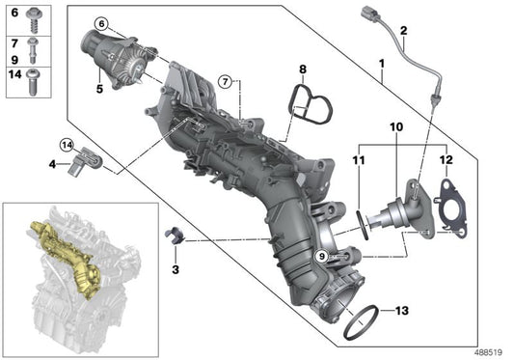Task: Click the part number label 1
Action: [x=384, y=67]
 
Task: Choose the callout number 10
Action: [x=396, y=126]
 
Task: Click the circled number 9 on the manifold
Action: [x=322, y=256]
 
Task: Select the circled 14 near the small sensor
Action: [x=67, y=145]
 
